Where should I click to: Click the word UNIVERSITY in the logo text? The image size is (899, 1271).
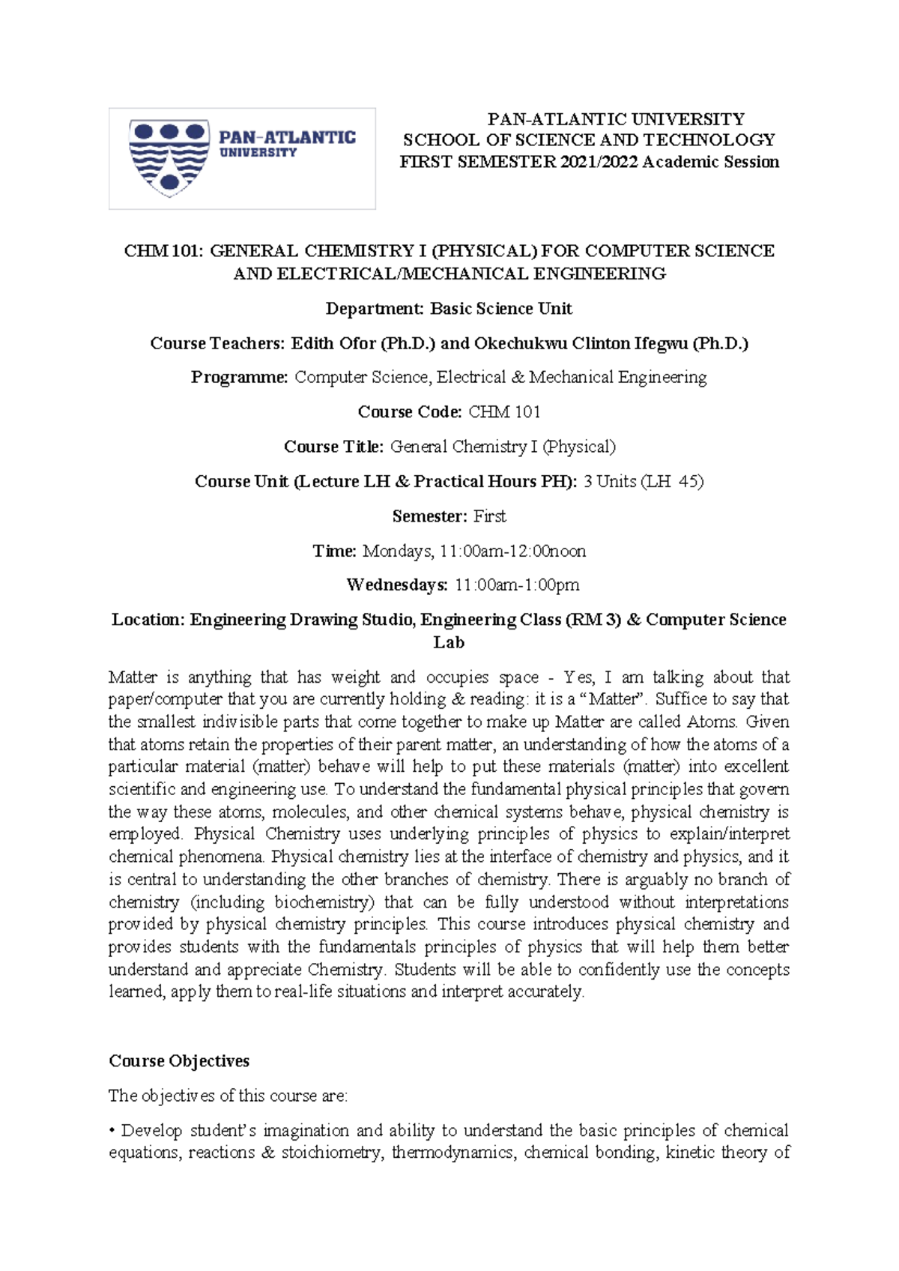[x=258, y=153]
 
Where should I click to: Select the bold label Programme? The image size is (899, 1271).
[x=239, y=377]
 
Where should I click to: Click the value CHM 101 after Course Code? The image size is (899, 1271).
[x=504, y=411]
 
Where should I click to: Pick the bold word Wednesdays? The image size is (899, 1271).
[x=397, y=585]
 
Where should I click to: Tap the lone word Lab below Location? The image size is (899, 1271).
[x=449, y=642]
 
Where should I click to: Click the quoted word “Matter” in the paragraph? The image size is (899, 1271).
[x=613, y=699]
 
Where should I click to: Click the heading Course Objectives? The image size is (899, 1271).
[x=179, y=1061]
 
